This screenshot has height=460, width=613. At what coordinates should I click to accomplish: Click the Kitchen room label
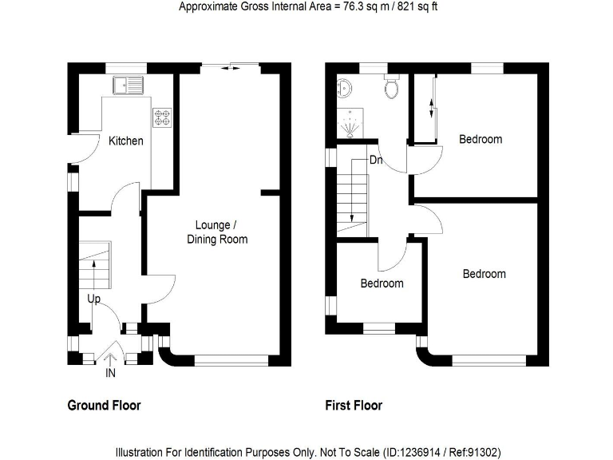126,141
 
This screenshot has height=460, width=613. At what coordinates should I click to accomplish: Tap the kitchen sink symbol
127,84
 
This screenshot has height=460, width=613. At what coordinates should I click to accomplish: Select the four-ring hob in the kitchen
162,117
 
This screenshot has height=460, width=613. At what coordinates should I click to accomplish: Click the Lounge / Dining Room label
217,232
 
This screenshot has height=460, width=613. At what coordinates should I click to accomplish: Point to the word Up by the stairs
94,299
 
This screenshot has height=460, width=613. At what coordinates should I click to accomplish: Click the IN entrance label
110,372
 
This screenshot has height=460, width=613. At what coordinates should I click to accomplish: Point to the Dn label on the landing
376,161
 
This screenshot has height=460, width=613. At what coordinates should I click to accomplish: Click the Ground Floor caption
104,406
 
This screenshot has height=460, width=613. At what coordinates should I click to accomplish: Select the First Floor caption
354,406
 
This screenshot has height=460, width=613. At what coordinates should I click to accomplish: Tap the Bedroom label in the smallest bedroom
382,284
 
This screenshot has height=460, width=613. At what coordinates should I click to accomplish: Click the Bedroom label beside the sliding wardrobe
481,139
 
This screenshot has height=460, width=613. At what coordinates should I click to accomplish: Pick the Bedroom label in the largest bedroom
484,274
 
